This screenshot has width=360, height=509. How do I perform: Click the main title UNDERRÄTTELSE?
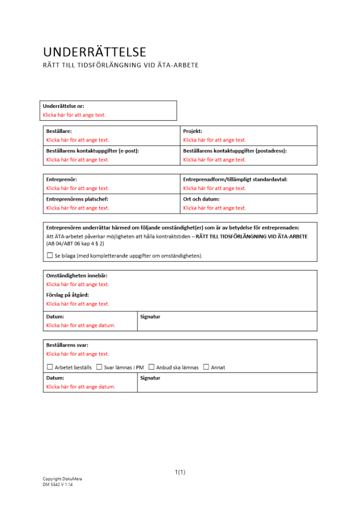(95, 52)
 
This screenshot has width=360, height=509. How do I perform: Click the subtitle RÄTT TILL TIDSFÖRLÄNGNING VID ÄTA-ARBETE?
(120, 65)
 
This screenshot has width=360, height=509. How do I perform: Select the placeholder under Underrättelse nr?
(74, 115)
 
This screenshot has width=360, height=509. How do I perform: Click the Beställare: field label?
(59, 131)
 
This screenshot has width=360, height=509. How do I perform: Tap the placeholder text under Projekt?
(214, 140)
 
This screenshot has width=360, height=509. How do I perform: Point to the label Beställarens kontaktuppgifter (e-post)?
(93, 151)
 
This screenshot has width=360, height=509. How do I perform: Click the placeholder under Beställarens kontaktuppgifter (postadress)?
(214, 160)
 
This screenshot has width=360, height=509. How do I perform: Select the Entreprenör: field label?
(62, 180)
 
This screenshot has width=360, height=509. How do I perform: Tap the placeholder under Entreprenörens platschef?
(77, 208)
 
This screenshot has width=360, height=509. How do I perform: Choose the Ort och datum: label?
(201, 200)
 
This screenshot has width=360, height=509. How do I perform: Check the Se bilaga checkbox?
(49, 255)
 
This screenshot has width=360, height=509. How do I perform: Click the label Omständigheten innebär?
(77, 276)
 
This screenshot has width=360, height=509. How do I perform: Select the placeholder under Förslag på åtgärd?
(77, 304)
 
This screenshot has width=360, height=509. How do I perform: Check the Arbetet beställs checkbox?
(49, 367)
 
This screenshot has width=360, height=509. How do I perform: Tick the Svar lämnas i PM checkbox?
(99, 367)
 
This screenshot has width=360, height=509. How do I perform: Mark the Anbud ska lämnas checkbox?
(151, 367)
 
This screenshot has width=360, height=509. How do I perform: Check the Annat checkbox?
(206, 367)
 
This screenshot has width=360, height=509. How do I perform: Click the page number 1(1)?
(180, 472)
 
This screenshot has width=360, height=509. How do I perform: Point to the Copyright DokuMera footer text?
(62, 479)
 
